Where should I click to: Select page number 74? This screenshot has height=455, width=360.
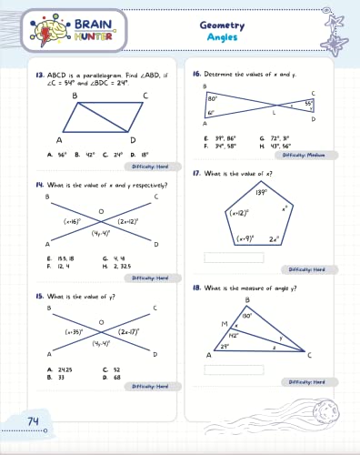click(x=33, y=420)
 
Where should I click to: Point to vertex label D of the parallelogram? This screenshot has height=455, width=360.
click(x=133, y=140)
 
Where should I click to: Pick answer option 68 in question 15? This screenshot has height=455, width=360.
click(x=117, y=376)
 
